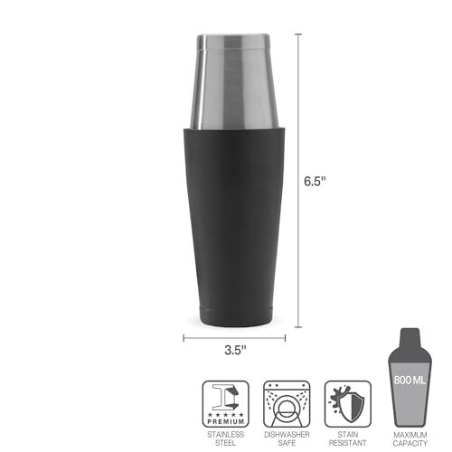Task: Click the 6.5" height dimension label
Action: click(315, 181)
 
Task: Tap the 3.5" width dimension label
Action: click(235, 350)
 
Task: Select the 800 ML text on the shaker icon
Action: click(410, 381)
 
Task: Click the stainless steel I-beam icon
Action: click(226, 404)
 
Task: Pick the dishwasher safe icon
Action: click(287, 404)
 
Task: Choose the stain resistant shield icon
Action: click(348, 404)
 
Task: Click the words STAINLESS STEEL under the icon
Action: click(225, 438)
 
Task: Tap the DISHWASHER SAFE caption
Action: click(287, 438)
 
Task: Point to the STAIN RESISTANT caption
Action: click(348, 438)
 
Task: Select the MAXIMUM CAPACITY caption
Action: click(410, 439)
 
